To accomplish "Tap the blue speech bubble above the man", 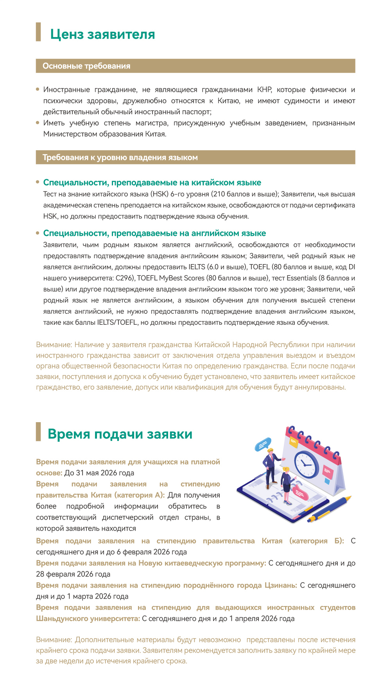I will [263, 444].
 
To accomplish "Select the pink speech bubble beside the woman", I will [300, 493].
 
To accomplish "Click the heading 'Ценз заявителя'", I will [102, 34].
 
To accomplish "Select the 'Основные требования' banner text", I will [86, 66].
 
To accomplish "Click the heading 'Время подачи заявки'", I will [120, 434].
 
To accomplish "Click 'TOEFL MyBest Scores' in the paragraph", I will [171, 278].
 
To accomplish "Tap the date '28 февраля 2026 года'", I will [73, 574].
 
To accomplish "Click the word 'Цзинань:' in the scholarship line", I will [281, 585].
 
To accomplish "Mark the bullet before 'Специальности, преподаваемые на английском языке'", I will [38, 233].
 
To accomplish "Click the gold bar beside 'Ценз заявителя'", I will [38, 32].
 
